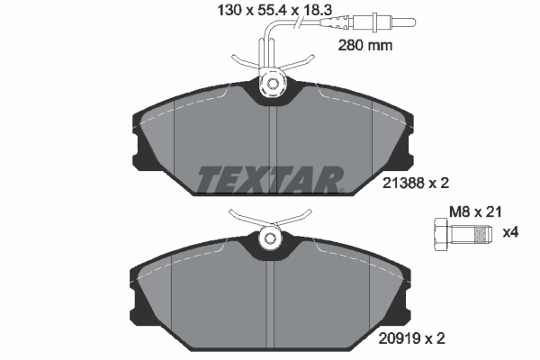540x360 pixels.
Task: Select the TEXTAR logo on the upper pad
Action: pyautogui.click(x=270, y=177)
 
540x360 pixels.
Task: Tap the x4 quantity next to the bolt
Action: pyautogui.click(x=510, y=233)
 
